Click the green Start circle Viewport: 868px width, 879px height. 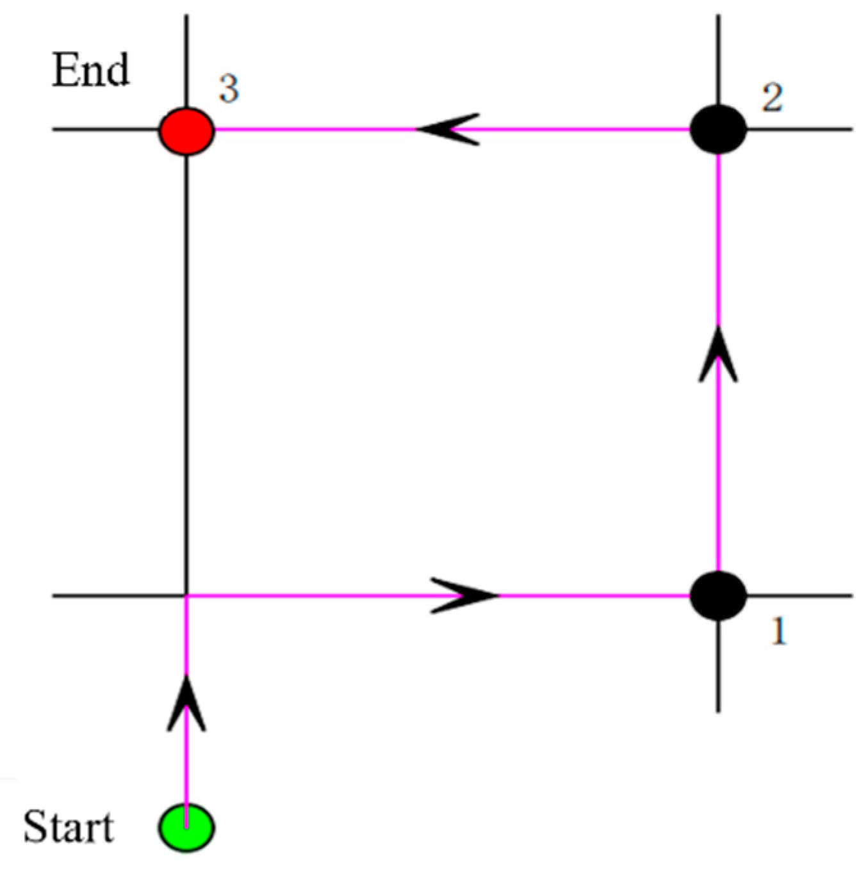point(186,828)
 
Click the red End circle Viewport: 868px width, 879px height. point(186,131)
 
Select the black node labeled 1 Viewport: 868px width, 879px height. point(718,596)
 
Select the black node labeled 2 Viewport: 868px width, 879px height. point(718,130)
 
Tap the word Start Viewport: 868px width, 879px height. point(69,827)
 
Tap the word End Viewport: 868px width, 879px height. point(90,70)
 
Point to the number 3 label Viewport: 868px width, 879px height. point(229,88)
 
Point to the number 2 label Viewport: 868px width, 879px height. point(772,99)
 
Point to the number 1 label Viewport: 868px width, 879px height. point(778,632)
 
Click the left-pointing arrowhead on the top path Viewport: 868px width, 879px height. point(448,129)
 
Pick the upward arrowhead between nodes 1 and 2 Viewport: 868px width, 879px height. point(717,355)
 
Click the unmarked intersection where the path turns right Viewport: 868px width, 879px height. point(186,596)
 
